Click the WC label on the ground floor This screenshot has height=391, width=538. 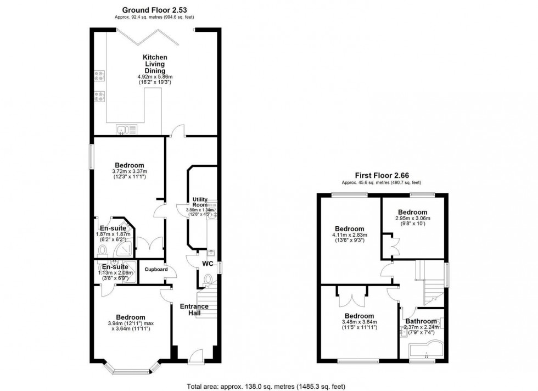[208, 264]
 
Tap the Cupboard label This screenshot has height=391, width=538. [155, 269]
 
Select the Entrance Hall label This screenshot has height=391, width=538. [195, 310]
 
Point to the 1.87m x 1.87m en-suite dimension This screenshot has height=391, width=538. [113, 237]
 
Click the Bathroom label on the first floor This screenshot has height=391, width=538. [421, 322]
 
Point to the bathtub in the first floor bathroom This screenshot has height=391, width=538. [425, 349]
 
